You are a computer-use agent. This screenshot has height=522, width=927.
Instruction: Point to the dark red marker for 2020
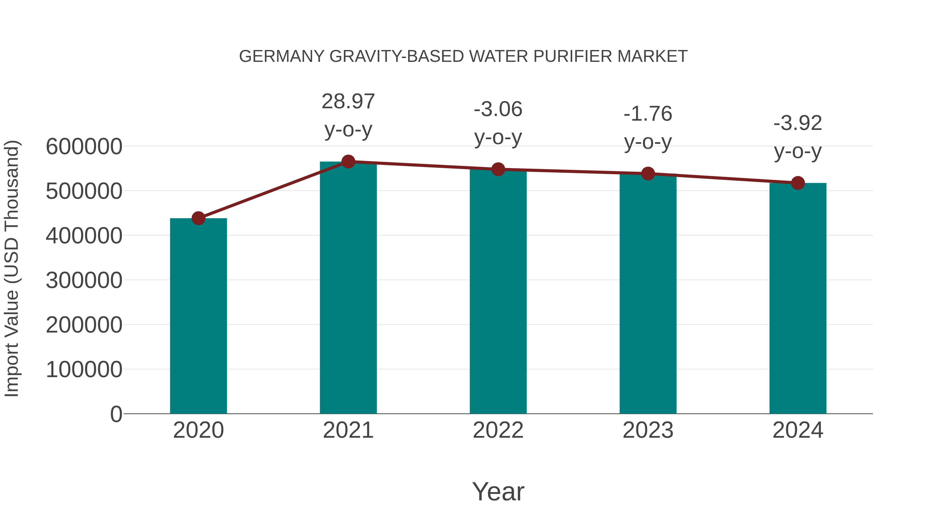coord(198,218)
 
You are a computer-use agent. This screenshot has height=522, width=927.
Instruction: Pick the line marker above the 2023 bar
coord(648,174)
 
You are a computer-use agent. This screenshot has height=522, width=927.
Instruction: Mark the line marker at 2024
coord(798,183)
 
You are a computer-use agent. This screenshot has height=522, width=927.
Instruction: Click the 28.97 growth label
coord(348,102)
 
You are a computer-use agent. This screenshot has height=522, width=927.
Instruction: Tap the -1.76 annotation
coord(648,114)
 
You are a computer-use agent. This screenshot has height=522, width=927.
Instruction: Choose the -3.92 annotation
coord(798,123)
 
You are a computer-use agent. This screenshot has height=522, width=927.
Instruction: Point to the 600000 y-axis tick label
coord(84,147)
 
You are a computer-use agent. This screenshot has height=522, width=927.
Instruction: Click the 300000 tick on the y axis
coord(84,280)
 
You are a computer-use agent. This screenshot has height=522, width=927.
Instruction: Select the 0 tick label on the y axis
coord(116,414)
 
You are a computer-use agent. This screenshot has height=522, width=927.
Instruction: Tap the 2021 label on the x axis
coord(348,430)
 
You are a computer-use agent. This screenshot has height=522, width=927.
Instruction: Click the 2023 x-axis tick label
coord(648,430)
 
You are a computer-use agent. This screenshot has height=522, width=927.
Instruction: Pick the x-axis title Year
coord(498,491)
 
